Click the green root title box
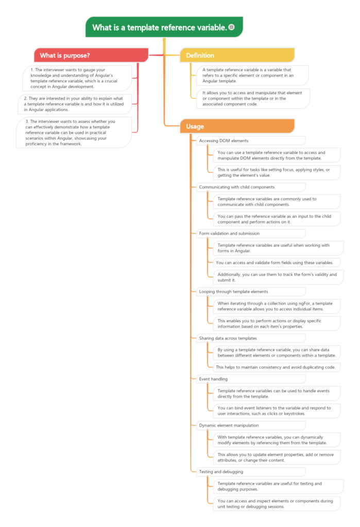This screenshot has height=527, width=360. click(x=164, y=27)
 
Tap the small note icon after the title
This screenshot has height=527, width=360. click(x=231, y=27)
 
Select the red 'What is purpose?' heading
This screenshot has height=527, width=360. click(x=91, y=56)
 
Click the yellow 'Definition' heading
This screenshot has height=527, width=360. click(x=237, y=56)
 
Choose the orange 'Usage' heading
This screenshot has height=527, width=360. click(x=237, y=127)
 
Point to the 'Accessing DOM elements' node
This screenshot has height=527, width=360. click(x=251, y=141)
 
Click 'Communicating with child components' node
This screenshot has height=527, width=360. click(x=251, y=187)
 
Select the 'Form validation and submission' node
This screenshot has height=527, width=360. click(x=251, y=234)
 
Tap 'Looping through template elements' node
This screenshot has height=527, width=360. click(x=251, y=292)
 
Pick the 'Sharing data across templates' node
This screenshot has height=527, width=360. click(x=251, y=339)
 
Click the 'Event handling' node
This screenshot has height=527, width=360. click(x=251, y=379)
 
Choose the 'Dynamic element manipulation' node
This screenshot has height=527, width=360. click(x=251, y=426)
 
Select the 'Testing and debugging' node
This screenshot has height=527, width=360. click(x=251, y=472)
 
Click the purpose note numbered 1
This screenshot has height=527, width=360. click(x=77, y=78)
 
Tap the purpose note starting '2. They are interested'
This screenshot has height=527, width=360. click(x=75, y=104)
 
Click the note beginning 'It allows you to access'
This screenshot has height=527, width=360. click(x=253, y=98)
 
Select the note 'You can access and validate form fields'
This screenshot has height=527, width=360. click(x=277, y=263)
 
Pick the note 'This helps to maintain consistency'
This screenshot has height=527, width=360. click(x=277, y=367)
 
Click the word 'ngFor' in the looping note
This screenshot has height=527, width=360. click(x=304, y=304)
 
